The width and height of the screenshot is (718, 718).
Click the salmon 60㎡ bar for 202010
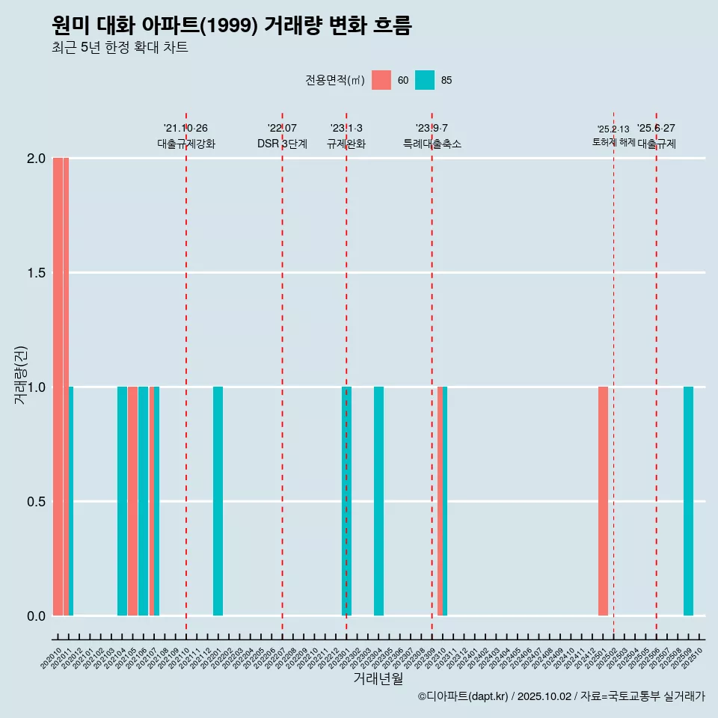click(58, 387)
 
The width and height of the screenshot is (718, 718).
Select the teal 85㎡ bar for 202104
click(122, 501)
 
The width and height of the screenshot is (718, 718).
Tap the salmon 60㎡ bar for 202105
click(132, 501)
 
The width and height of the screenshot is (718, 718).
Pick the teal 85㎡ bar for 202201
click(218, 501)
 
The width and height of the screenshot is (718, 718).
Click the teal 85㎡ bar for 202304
click(378, 501)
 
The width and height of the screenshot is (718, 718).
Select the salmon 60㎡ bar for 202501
click(603, 501)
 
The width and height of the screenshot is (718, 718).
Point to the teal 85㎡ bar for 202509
click(688, 501)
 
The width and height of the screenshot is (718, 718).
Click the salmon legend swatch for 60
click(381, 80)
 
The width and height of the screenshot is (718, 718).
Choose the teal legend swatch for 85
click(425, 80)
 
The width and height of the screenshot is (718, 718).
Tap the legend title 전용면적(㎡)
click(335, 80)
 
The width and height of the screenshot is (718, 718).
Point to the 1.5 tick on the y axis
click(35, 273)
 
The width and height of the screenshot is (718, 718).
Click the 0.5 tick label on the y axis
click(35, 501)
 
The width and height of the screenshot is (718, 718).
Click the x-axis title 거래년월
click(378, 678)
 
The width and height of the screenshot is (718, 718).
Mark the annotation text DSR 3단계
click(282, 144)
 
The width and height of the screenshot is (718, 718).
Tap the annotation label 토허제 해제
click(613, 142)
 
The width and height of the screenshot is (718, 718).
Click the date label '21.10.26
click(185, 129)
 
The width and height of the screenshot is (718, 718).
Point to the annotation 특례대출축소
click(432, 144)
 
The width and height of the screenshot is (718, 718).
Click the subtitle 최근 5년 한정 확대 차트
click(120, 48)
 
